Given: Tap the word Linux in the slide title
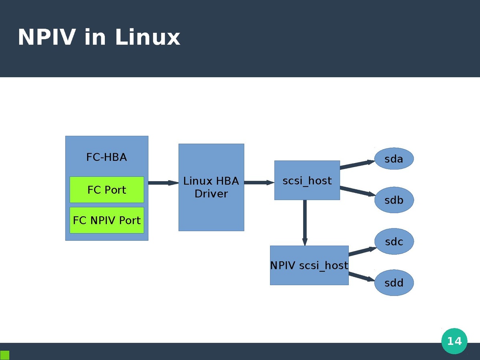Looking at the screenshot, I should click(x=148, y=38).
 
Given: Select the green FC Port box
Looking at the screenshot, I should click(x=107, y=190).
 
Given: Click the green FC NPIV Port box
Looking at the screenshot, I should click(x=107, y=220).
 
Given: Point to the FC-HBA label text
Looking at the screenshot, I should click(x=106, y=157).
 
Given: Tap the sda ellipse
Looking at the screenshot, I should click(x=394, y=159).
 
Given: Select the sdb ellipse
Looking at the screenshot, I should click(x=394, y=200).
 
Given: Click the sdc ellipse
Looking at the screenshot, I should click(x=394, y=242).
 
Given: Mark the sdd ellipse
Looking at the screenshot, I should click(x=394, y=283).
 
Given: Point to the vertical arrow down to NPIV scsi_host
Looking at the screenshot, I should click(x=305, y=222).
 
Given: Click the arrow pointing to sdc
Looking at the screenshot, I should click(x=362, y=251).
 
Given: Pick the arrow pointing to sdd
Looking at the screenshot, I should click(x=362, y=276).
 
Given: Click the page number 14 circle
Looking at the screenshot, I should click(x=454, y=341).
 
